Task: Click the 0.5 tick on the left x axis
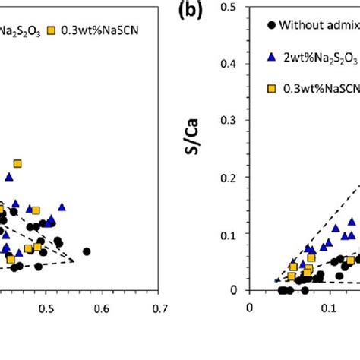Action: click(47, 308)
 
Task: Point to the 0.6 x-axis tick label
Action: click(103, 308)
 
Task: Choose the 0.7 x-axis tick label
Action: click(159, 308)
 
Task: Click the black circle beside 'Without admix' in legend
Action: click(271, 25)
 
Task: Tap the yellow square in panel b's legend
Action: click(271, 89)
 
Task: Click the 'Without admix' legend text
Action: click(319, 25)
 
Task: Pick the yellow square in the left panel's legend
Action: click(52, 31)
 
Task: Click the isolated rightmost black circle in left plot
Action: click(87, 251)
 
